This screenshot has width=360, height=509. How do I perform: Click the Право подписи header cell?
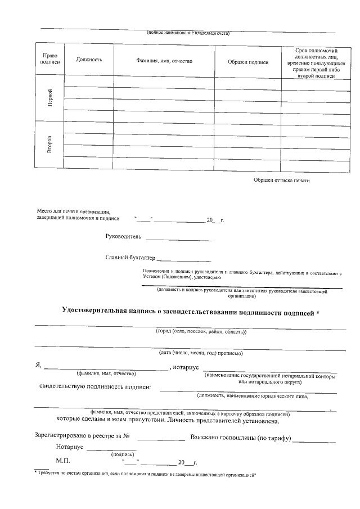[49, 60]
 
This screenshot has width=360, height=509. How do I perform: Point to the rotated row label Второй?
[50, 144]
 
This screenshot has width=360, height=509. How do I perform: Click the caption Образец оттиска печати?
[281, 180]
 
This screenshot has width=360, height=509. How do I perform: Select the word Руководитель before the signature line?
[124, 236]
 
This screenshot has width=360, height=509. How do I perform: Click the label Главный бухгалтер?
[130, 258]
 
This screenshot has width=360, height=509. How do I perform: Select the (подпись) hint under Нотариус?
[122, 453]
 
